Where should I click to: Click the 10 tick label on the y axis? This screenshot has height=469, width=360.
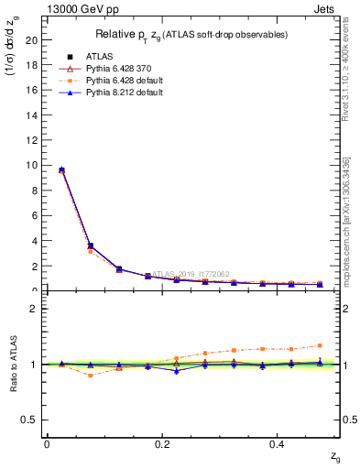pyautogui.click(x=33, y=166)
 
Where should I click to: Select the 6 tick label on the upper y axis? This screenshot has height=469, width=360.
pyautogui.click(x=36, y=216)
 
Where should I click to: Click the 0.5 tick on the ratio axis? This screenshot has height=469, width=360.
pyautogui.click(x=31, y=420)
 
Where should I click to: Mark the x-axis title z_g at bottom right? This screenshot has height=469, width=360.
pyautogui.click(x=335, y=456)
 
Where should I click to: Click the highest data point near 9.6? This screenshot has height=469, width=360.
pyautogui.click(x=61, y=169)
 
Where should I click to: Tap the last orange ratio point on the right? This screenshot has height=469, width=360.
pyautogui.click(x=320, y=345)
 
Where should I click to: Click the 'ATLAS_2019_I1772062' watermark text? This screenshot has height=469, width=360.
pyautogui.click(x=191, y=273)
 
